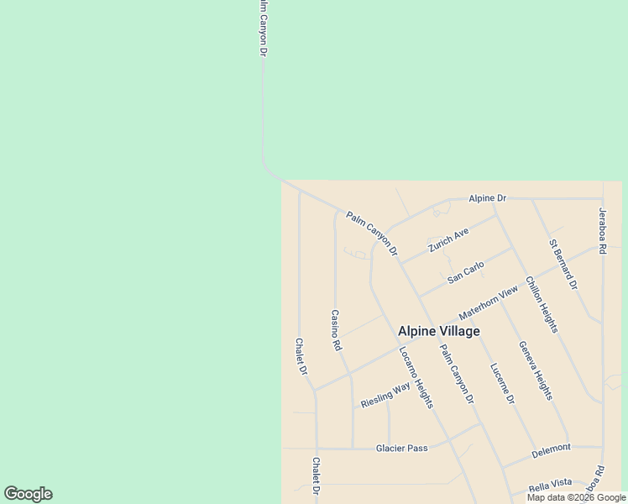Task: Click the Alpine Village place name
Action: coord(438,331)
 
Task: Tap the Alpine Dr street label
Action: coord(488,198)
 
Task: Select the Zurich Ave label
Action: coord(447,240)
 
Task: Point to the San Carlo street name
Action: coord(466,272)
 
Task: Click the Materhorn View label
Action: coord(489,302)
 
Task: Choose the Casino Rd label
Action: coord(336,330)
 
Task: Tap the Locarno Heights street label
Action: coord(416,377)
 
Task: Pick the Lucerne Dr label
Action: coord(502,383)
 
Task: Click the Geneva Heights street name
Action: coord(535,370)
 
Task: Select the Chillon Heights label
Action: coord(542,303)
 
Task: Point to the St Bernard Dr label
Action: coord(563,265)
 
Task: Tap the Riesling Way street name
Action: coord(385,395)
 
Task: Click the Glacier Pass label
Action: coord(401,448)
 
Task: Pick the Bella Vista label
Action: coord(550,483)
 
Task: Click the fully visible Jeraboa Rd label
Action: coord(602,231)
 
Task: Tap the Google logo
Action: coord(28,494)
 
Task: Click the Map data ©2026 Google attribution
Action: coord(576,497)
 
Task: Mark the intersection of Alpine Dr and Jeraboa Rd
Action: coord(602,199)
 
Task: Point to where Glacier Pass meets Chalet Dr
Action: coord(317,449)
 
